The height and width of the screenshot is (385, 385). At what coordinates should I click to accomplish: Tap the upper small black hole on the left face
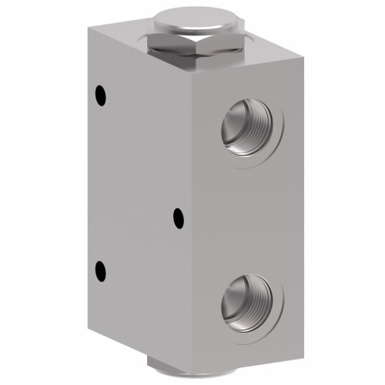pos(99,95)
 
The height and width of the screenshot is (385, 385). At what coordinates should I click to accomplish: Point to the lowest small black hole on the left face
pos(99,270)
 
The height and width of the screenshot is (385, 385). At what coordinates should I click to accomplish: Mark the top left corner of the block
pos(88,28)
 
